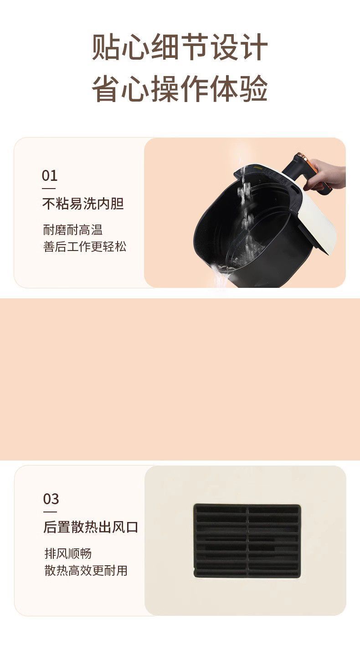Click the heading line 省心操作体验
click(180, 89)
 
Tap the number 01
click(50, 175)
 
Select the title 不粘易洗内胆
click(83, 204)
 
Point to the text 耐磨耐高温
click(73, 230)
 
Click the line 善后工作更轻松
click(85, 247)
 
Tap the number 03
click(51, 499)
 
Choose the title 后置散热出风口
click(91, 527)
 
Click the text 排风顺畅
click(68, 553)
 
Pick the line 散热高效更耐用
click(86, 570)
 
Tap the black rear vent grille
click(247, 541)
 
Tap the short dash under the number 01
click(49, 188)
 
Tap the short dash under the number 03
click(50, 511)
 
